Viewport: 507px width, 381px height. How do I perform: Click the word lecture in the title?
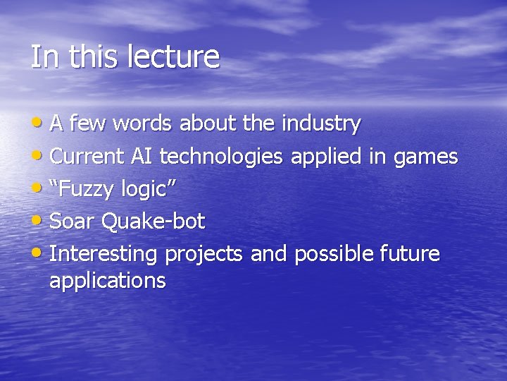click(173, 57)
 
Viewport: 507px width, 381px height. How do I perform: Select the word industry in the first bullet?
click(321, 124)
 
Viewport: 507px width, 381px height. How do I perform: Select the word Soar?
click(73, 222)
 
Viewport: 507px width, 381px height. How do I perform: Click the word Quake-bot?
click(153, 222)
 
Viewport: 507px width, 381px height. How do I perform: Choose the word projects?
click(206, 254)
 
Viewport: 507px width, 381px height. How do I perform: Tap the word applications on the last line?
click(108, 281)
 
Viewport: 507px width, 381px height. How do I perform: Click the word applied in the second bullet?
click(326, 157)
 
